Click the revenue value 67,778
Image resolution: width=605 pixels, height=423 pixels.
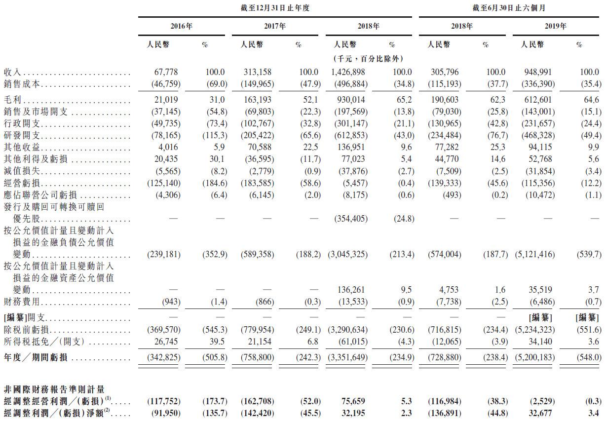[168, 72]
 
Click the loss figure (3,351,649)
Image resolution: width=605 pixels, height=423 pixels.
[348, 357]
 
